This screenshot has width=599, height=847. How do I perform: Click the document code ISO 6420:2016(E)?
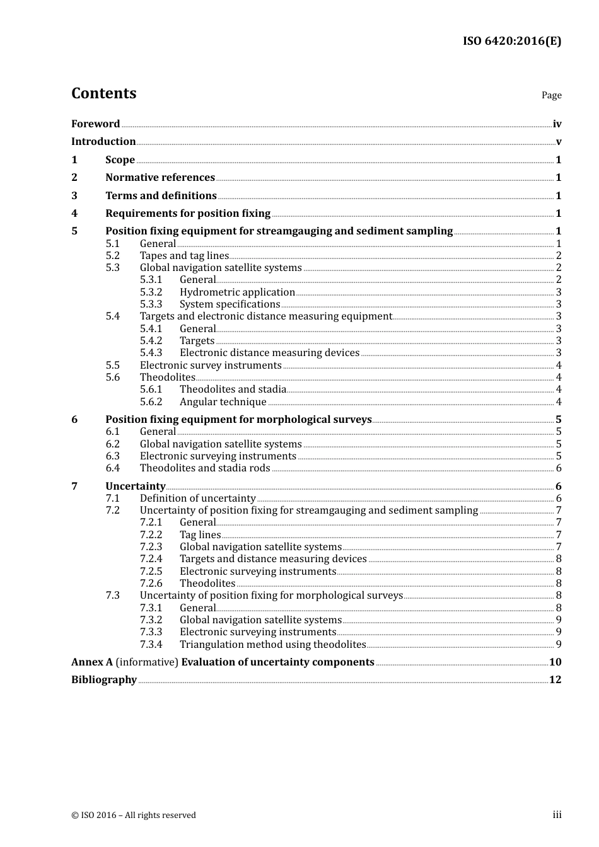point(511,42)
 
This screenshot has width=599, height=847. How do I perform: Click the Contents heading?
point(103,93)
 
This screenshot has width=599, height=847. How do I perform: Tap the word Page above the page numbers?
point(551,95)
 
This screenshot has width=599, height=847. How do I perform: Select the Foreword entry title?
point(95,124)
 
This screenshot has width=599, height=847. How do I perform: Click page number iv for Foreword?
point(557,124)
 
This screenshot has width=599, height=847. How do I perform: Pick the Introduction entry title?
point(103,142)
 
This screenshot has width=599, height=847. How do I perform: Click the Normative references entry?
point(160,178)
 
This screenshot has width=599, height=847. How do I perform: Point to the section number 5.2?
point(112,256)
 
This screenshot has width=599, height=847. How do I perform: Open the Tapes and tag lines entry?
point(184,256)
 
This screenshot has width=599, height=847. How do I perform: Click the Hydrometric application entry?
point(237,292)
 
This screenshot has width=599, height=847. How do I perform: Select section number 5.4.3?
point(151,353)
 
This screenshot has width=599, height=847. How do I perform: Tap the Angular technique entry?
point(223,402)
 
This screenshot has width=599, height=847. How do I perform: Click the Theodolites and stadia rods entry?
point(205,468)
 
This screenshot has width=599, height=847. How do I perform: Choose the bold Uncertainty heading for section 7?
point(135,486)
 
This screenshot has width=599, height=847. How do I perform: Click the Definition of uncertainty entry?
point(197,498)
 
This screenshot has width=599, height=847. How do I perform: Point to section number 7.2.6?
point(151,584)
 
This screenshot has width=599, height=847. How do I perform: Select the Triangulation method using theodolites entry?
point(272,645)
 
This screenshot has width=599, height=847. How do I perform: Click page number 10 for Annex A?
point(555,662)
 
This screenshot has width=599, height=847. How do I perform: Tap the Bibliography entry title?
point(104,680)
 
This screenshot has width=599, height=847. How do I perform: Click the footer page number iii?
point(557,815)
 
